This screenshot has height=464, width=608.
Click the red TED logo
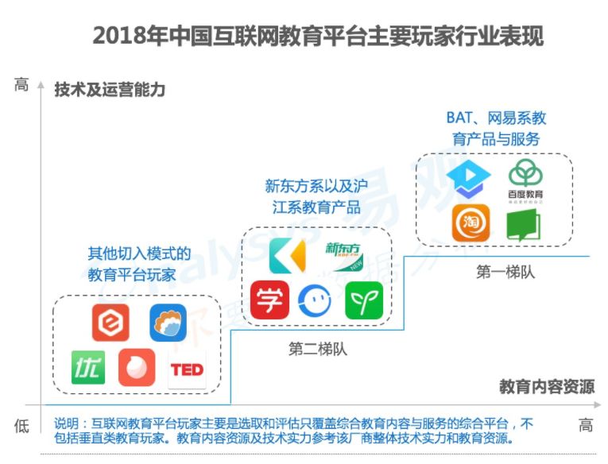point(187,369)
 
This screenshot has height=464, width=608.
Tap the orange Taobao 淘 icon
point(471,222)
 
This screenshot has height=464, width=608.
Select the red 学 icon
point(269,300)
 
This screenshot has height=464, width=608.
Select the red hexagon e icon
point(110,323)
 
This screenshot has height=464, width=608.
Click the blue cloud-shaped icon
point(168,323)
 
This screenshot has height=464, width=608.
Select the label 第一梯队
point(505,272)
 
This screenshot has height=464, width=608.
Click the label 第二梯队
point(317,349)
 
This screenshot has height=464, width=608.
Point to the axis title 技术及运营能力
point(110,90)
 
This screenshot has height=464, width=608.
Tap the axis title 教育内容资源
point(547,388)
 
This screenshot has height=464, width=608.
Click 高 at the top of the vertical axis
point(21,84)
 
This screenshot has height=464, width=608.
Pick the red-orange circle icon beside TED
point(137,368)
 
